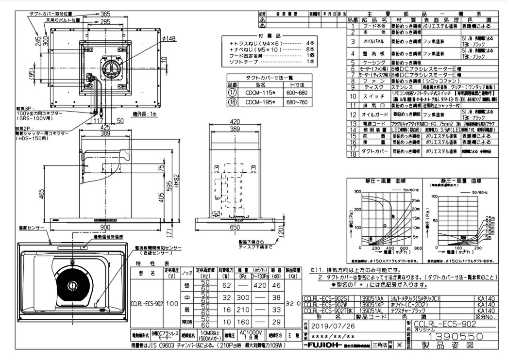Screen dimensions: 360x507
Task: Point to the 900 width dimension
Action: click(x=105, y=228)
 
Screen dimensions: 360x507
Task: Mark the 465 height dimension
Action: click(x=42, y=193)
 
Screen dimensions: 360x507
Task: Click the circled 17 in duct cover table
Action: click(x=233, y=93)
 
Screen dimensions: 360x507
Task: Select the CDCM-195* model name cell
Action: click(x=259, y=102)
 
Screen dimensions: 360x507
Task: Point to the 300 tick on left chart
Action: click(x=358, y=192)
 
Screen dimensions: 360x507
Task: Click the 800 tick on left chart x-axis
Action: click(x=415, y=248)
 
